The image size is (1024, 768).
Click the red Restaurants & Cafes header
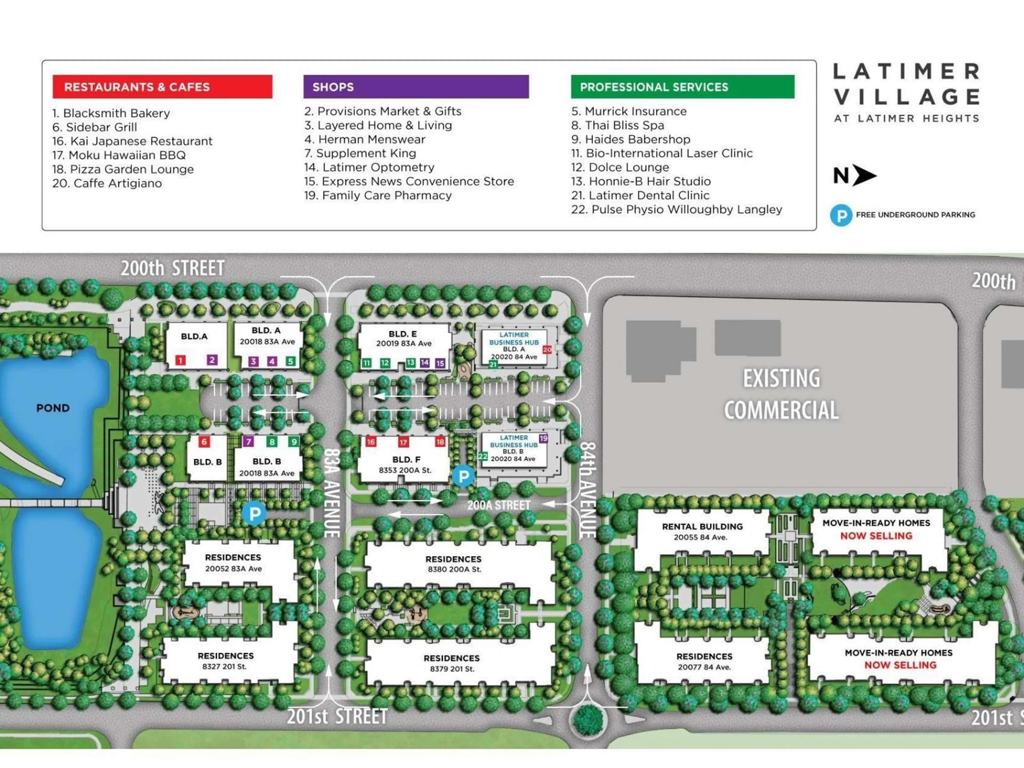pos(162,87)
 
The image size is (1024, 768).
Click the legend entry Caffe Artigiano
pos(107,183)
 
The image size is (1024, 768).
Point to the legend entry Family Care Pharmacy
pos(378,195)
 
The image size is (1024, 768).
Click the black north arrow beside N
pos(864,175)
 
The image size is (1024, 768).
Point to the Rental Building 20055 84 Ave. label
pos(702,531)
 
